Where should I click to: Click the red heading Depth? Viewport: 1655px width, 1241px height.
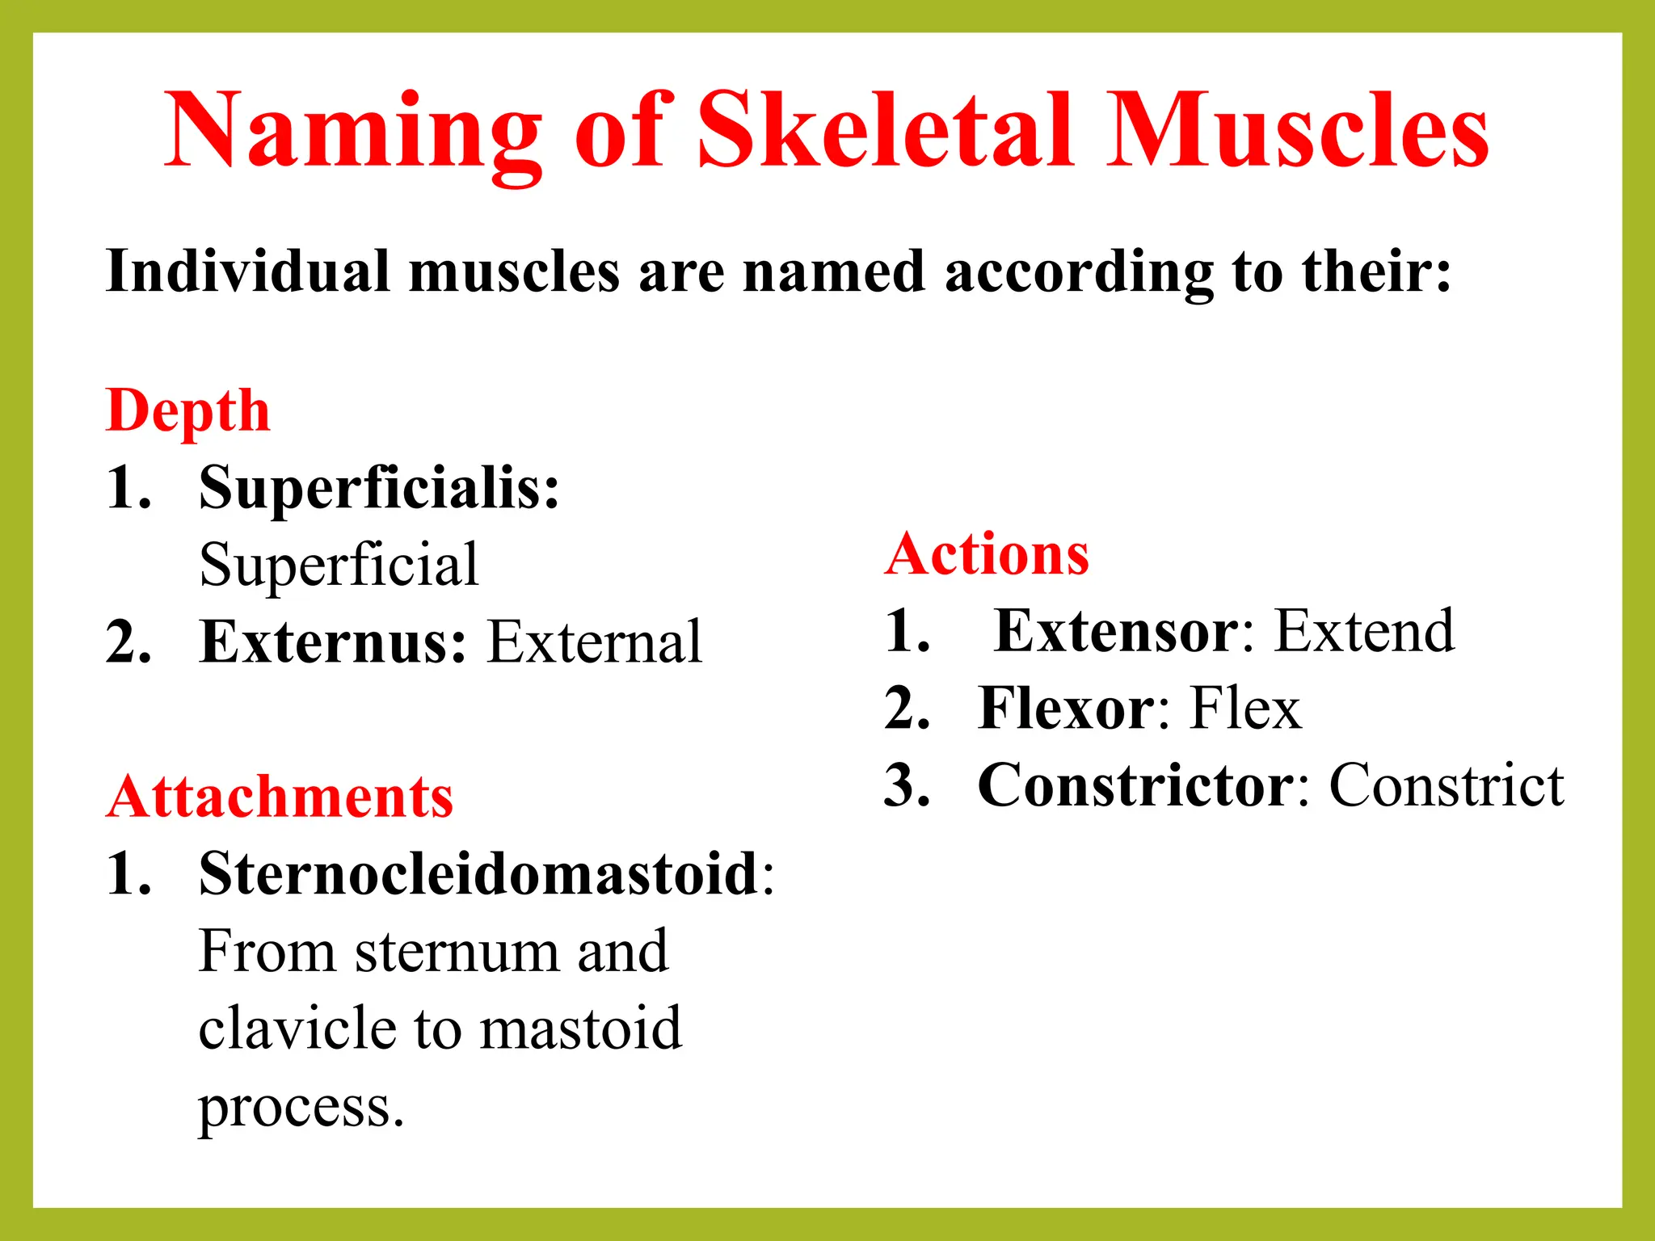point(187,410)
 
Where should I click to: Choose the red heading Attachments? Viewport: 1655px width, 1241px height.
point(280,797)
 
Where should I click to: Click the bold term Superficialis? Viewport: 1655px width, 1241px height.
point(379,489)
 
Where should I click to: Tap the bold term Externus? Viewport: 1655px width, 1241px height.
point(333,642)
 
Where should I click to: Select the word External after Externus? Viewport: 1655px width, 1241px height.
point(596,642)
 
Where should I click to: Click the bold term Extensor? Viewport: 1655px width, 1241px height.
point(1116,631)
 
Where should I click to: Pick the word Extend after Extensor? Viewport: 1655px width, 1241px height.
point(1364,631)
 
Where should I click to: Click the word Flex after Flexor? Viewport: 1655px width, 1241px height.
point(1245,709)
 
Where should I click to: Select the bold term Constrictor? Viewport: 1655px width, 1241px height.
point(1135,785)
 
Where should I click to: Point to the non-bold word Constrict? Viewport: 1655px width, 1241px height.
point(1447,785)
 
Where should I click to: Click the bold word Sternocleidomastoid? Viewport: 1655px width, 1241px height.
point(478,874)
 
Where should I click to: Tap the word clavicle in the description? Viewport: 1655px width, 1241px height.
point(297,1028)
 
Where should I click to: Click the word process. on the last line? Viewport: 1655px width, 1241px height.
point(301,1107)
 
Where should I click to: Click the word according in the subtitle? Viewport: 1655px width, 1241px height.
point(1079,273)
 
